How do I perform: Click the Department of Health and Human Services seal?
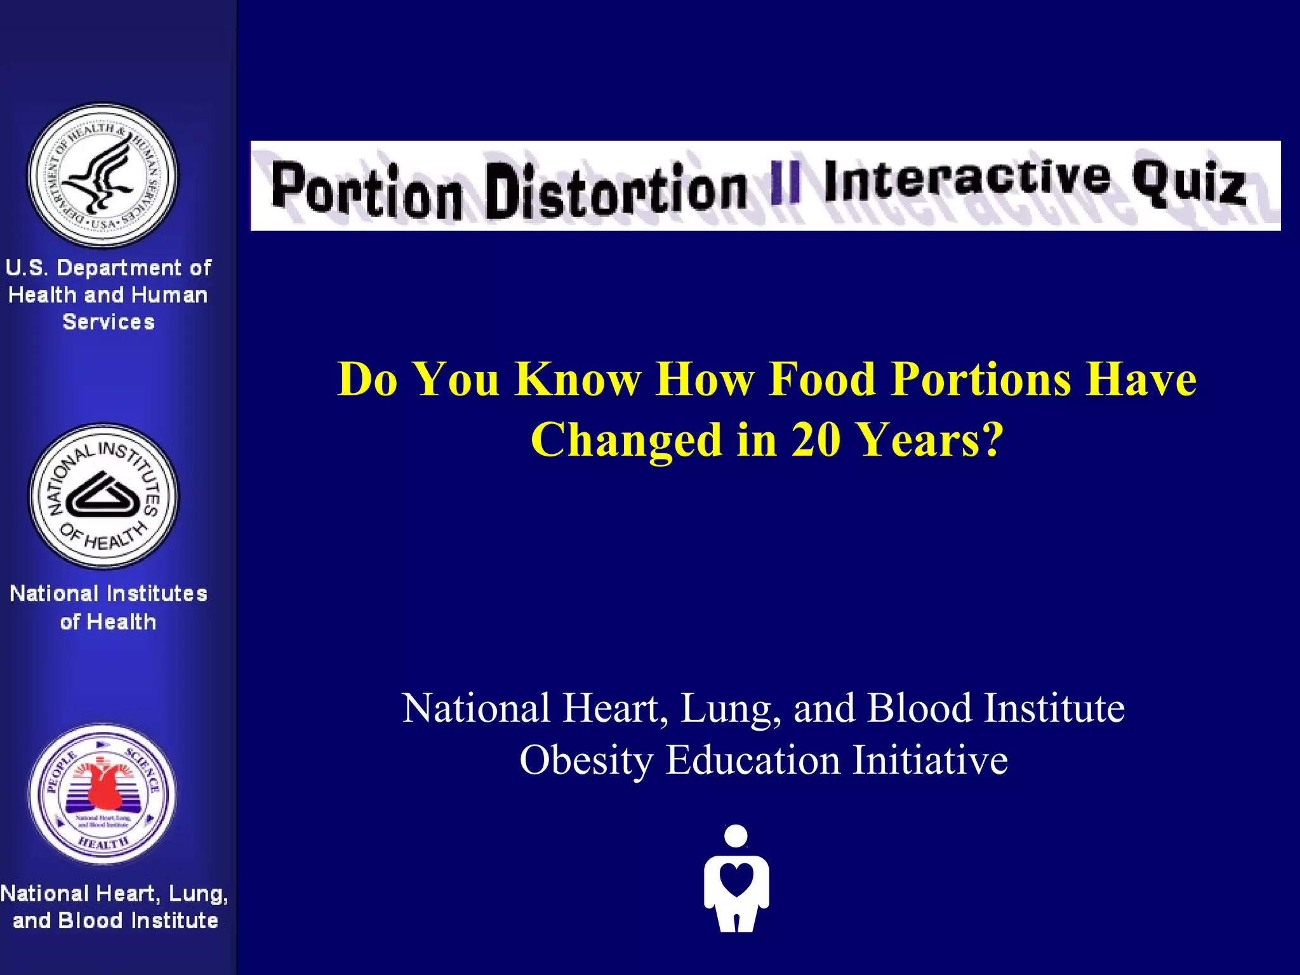click(103, 175)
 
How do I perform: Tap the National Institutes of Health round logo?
click(104, 496)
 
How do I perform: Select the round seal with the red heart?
click(103, 793)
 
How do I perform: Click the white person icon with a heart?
click(736, 879)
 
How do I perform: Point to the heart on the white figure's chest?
click(736, 879)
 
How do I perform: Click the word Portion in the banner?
click(366, 190)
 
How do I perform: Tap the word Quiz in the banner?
click(1188, 182)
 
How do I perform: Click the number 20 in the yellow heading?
click(816, 439)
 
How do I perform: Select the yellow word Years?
click(931, 439)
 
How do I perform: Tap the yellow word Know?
click(578, 379)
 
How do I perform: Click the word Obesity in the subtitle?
click(587, 760)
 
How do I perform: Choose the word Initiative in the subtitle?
click(930, 760)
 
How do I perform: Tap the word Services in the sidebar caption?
click(109, 322)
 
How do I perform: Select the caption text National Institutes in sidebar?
click(109, 594)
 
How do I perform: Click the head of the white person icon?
click(736, 835)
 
